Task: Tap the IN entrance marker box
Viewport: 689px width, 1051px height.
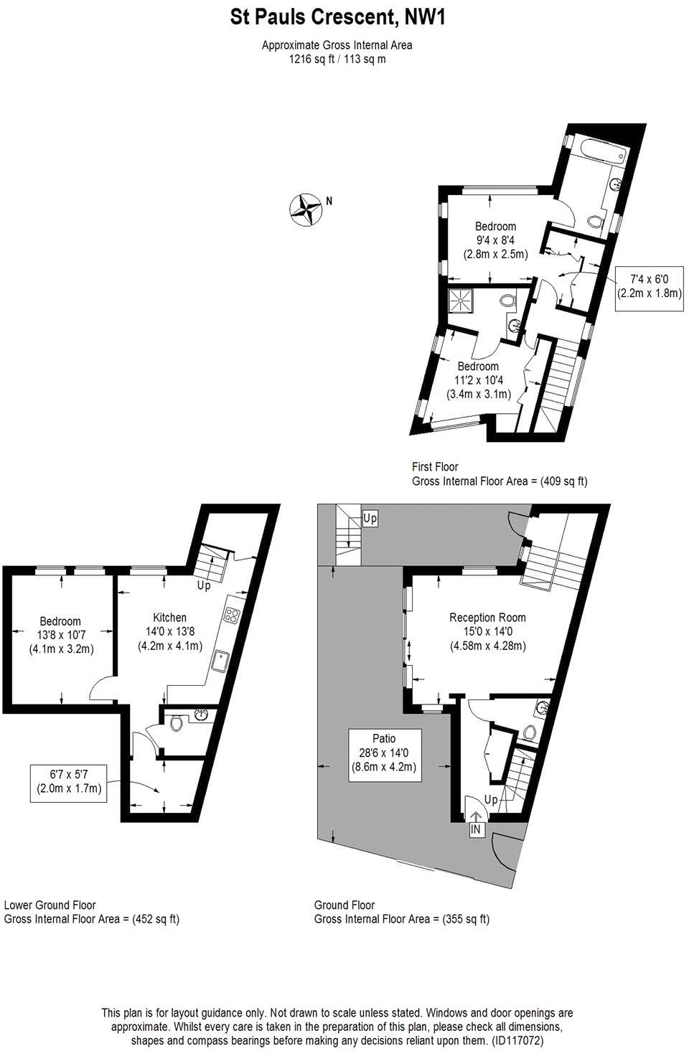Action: [x=476, y=829]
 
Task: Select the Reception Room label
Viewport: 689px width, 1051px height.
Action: [x=487, y=618]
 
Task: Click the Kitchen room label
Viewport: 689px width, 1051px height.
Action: [x=169, y=618]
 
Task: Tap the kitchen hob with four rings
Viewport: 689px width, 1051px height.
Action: [x=232, y=615]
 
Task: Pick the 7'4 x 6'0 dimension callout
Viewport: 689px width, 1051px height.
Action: [x=649, y=286]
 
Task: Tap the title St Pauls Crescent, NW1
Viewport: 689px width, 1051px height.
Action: [x=337, y=17]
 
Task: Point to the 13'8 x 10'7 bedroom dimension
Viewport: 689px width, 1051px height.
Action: [x=61, y=635]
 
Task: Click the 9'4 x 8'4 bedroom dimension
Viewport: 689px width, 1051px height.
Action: [x=495, y=240]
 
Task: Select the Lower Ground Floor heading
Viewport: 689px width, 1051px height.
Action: [x=50, y=905]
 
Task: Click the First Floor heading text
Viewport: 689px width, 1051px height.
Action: [x=435, y=467]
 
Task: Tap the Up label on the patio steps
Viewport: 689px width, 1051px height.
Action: [x=370, y=517]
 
